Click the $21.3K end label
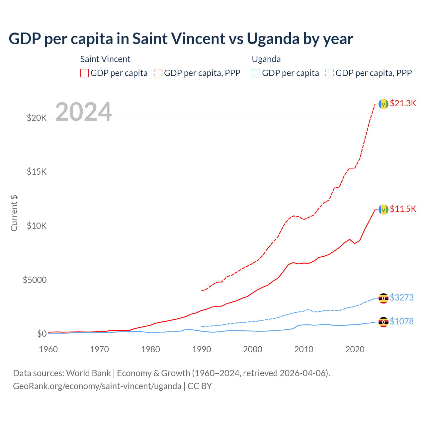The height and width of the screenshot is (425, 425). tap(403, 103)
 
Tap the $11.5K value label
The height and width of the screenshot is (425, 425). tap(403, 209)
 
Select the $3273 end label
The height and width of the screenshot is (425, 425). tap(402, 297)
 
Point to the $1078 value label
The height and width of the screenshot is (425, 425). tap(402, 321)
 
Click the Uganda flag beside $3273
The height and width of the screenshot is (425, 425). tap(383, 298)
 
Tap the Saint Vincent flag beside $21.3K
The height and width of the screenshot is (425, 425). tap(383, 104)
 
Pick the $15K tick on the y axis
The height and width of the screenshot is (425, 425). tap(37, 172)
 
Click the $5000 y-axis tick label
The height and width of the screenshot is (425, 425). tap(35, 280)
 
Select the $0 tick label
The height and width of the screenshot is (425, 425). tap(42, 334)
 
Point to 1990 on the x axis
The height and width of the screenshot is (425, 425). tap(202, 349)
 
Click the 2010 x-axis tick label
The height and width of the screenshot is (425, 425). tap(304, 349)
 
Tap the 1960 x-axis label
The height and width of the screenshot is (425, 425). tap(48, 349)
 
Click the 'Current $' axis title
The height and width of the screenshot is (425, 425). tap(14, 213)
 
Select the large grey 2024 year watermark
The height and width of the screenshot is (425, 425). tap(83, 112)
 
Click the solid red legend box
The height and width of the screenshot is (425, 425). tap(85, 73)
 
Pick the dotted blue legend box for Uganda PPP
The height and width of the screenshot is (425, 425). tap(330, 73)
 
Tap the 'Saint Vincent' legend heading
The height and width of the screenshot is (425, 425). tap(105, 59)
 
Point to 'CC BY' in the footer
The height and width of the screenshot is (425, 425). tap(200, 386)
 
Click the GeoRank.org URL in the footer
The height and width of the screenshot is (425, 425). tap(97, 386)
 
